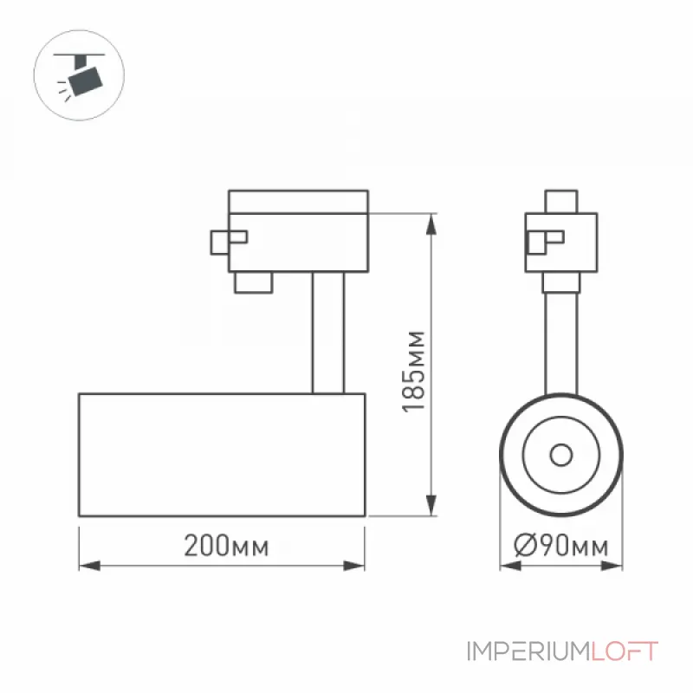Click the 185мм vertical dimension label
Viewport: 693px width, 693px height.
tap(414, 372)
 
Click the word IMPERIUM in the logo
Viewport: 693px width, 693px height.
tap(528, 652)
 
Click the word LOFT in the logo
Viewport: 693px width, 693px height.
tap(625, 652)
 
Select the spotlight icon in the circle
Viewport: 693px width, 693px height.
tap(80, 75)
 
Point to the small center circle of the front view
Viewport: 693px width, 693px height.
tap(561, 455)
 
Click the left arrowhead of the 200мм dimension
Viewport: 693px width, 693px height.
tap(90, 566)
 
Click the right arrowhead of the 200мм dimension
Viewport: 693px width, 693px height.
tap(354, 566)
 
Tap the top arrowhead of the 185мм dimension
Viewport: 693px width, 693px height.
tap(431, 224)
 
